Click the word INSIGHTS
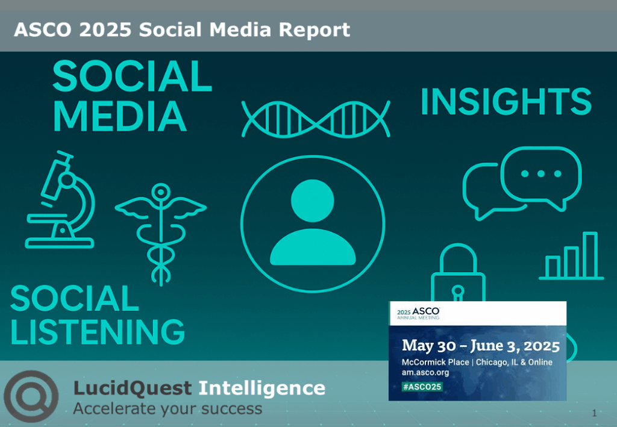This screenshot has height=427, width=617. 506,102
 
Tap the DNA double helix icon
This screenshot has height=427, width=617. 316,118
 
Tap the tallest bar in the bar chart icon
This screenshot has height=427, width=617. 589,255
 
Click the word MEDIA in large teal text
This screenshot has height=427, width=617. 119,116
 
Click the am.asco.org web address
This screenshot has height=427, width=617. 425,373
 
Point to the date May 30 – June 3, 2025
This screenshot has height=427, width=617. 480,346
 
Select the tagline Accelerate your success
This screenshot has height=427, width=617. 168,409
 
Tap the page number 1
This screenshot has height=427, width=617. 594,413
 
